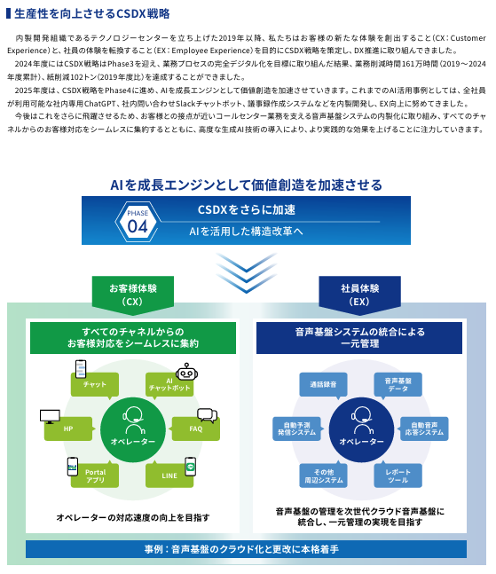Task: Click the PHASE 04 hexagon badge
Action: coord(138,222)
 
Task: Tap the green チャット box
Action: coord(94,385)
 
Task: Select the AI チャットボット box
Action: coord(169,385)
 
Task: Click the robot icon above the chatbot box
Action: coord(186,372)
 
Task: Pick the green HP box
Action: coord(68,429)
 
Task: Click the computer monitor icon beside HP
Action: coord(50,417)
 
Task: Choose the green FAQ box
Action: coord(195,429)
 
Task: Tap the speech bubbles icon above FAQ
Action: coord(208,415)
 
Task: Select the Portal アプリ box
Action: coord(95,476)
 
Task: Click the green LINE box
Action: coord(169,476)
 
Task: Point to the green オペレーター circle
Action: coord(133,429)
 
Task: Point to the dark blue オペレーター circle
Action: coord(361,429)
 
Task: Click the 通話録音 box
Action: coord(323,385)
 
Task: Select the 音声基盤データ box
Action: coord(398,385)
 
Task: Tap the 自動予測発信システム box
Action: coord(297,429)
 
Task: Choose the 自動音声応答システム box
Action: coord(424,429)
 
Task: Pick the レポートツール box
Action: coord(398,476)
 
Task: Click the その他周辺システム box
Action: coord(323,476)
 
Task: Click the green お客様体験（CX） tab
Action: coord(133,295)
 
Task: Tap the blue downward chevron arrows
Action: coord(247,272)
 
